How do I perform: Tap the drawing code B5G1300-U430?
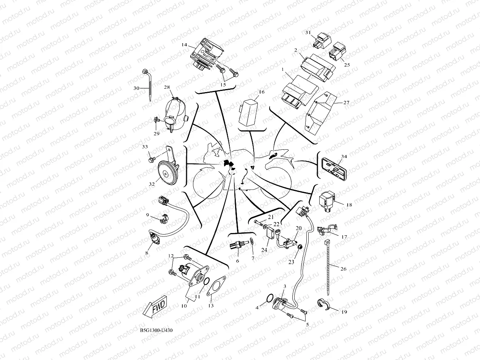click(x=156, y=330)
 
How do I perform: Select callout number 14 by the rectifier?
click(x=185, y=45)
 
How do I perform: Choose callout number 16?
click(x=262, y=92)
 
